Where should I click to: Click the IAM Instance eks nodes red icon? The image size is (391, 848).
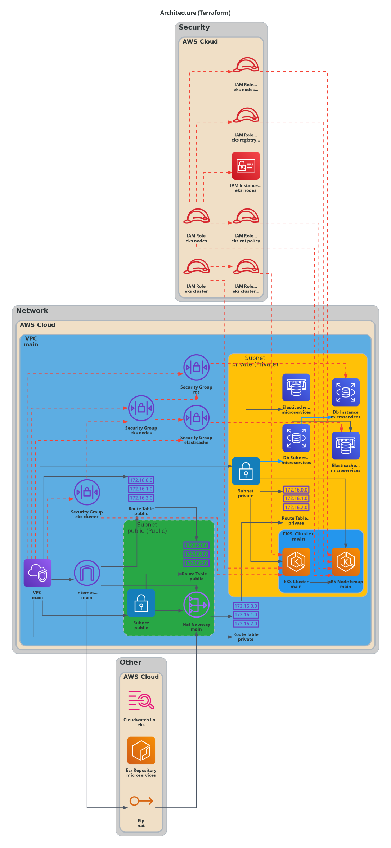[x=246, y=166]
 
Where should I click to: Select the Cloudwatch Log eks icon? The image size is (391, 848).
[x=141, y=700]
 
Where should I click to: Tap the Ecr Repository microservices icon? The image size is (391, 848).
[x=141, y=750]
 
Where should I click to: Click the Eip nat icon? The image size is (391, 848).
[x=141, y=801]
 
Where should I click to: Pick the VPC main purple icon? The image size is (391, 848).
[x=37, y=573]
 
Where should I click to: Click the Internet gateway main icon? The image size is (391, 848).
[x=87, y=573]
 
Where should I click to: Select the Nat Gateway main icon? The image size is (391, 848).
[x=196, y=605]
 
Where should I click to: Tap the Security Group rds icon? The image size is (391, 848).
[x=196, y=368]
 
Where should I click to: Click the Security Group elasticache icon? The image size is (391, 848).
[x=196, y=418]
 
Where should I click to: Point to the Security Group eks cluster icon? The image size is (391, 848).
[x=87, y=492]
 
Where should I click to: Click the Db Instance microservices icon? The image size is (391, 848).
[x=346, y=392]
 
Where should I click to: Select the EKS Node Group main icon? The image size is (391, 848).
[x=346, y=562]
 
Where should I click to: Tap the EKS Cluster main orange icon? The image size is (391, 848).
[x=296, y=562]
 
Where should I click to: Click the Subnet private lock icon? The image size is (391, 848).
[x=246, y=471]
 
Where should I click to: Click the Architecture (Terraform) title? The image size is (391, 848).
[x=195, y=13]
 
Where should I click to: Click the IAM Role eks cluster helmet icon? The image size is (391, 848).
[x=196, y=267]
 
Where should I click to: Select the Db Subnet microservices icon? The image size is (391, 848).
[x=296, y=438]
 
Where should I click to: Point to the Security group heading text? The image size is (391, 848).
[x=194, y=27]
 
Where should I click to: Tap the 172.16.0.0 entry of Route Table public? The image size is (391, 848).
[x=141, y=480]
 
